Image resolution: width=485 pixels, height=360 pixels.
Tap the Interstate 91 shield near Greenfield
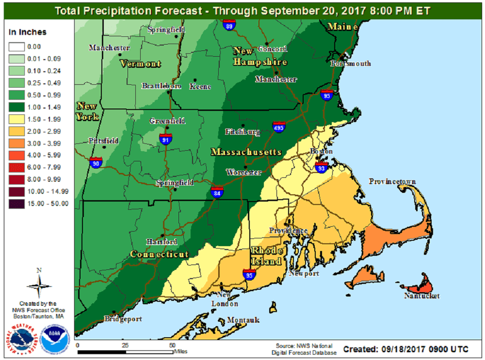(165, 139)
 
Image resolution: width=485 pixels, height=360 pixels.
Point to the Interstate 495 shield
(279, 127)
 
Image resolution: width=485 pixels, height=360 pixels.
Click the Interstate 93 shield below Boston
(321, 168)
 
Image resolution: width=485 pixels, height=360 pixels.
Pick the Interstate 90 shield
(96, 162)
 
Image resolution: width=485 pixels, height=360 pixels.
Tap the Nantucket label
(422, 296)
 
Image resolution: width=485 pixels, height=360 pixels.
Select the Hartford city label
(162, 242)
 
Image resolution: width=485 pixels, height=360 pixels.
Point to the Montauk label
(244, 320)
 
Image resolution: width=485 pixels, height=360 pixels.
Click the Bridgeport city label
(123, 319)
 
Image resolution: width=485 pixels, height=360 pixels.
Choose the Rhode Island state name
(266, 256)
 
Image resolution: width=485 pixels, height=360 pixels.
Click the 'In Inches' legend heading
(28, 32)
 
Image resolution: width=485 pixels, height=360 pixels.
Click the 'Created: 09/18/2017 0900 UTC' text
(405, 349)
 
